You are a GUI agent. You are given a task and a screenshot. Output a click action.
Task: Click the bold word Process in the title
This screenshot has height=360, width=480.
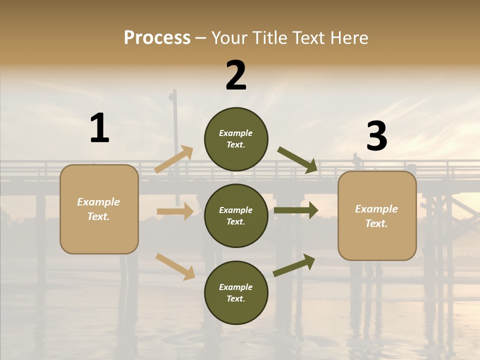click(x=157, y=38)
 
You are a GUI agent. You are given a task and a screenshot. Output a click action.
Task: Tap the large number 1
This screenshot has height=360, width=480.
click(x=99, y=128)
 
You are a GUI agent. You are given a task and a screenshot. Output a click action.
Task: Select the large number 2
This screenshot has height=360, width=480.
click(x=236, y=75)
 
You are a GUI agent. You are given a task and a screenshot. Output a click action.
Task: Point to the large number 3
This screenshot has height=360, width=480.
click(x=376, y=136)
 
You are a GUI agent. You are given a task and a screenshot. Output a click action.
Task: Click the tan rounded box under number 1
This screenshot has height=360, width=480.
click(x=99, y=209)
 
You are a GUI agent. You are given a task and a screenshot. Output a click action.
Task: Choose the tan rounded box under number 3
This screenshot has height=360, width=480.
click(x=377, y=216)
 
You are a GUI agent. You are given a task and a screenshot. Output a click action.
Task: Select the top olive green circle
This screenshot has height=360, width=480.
click(x=236, y=138)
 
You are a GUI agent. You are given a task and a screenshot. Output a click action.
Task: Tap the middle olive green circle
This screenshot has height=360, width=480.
click(x=236, y=215)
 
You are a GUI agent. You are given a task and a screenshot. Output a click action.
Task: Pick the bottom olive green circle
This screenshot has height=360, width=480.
click(x=236, y=292)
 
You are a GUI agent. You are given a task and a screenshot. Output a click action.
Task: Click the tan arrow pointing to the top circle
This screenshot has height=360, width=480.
click(x=174, y=159)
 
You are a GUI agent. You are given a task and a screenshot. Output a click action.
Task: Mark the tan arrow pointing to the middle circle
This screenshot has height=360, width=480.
click(x=175, y=211)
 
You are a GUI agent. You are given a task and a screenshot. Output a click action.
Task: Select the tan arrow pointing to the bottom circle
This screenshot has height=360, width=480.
click(x=175, y=266)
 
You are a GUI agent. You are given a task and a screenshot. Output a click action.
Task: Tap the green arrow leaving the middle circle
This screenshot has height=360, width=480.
click(x=296, y=210)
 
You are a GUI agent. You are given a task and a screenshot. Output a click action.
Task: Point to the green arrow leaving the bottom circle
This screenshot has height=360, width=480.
click(x=294, y=265)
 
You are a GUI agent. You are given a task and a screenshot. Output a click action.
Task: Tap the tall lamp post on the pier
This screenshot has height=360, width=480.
click(x=175, y=125)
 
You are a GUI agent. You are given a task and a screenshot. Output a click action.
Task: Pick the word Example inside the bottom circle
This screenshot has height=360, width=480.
click(x=236, y=287)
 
